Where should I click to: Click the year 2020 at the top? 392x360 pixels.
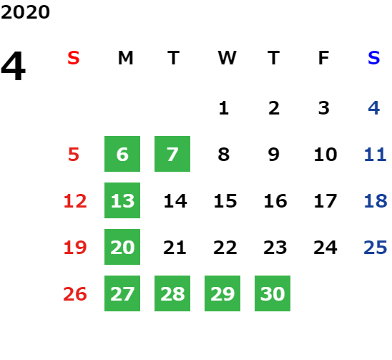tap(25, 12)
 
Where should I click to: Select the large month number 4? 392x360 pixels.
tap(13, 66)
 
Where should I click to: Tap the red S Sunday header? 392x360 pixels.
tap(74, 58)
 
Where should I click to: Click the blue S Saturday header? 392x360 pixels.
tap(373, 58)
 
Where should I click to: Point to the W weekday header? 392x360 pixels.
tap(227, 58)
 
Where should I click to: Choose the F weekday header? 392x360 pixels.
tap(324, 58)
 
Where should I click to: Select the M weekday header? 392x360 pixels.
tap(125, 58)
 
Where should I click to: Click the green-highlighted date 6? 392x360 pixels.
tap(122, 154)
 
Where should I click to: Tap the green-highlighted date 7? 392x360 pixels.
tap(172, 154)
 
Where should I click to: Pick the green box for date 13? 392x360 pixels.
tap(122, 200)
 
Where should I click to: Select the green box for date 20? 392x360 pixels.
tap(122, 247)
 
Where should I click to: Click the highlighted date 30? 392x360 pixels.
tap(273, 293)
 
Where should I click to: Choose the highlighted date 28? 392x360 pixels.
tap(172, 293)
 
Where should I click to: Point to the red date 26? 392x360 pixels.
tap(75, 293)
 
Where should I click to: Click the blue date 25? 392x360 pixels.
tap(376, 248)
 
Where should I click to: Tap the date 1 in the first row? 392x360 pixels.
tap(224, 108)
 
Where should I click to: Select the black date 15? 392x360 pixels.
tap(225, 201)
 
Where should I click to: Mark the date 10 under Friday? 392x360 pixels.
tap(325, 155)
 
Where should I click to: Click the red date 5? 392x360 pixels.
tap(74, 155)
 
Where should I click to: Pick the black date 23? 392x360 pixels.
tap(275, 248)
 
